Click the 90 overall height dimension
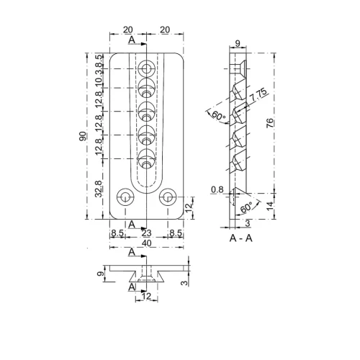coord(84,137)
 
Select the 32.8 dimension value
coord(99,191)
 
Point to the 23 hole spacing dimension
coord(146,233)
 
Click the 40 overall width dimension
coord(146,244)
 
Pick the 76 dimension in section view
coord(269,123)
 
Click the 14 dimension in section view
coord(269,206)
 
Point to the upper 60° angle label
coord(215,114)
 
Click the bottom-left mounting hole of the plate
coord(125,196)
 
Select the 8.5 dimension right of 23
coord(175,233)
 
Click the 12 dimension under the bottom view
coord(146,296)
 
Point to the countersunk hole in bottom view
coord(146,274)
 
